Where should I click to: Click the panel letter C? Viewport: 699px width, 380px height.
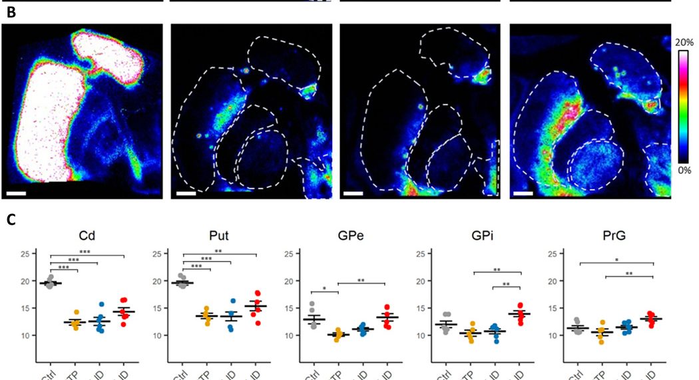click(x=11, y=218)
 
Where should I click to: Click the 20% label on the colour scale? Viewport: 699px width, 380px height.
click(x=683, y=41)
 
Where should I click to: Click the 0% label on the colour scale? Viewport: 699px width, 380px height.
click(x=683, y=170)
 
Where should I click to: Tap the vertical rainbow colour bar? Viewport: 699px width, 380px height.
click(x=683, y=106)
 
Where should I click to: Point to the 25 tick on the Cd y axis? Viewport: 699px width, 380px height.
click(x=26, y=254)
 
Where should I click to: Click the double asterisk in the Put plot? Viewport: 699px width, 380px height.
click(x=218, y=251)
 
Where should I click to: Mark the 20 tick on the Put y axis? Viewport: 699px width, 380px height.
click(x=156, y=281)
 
